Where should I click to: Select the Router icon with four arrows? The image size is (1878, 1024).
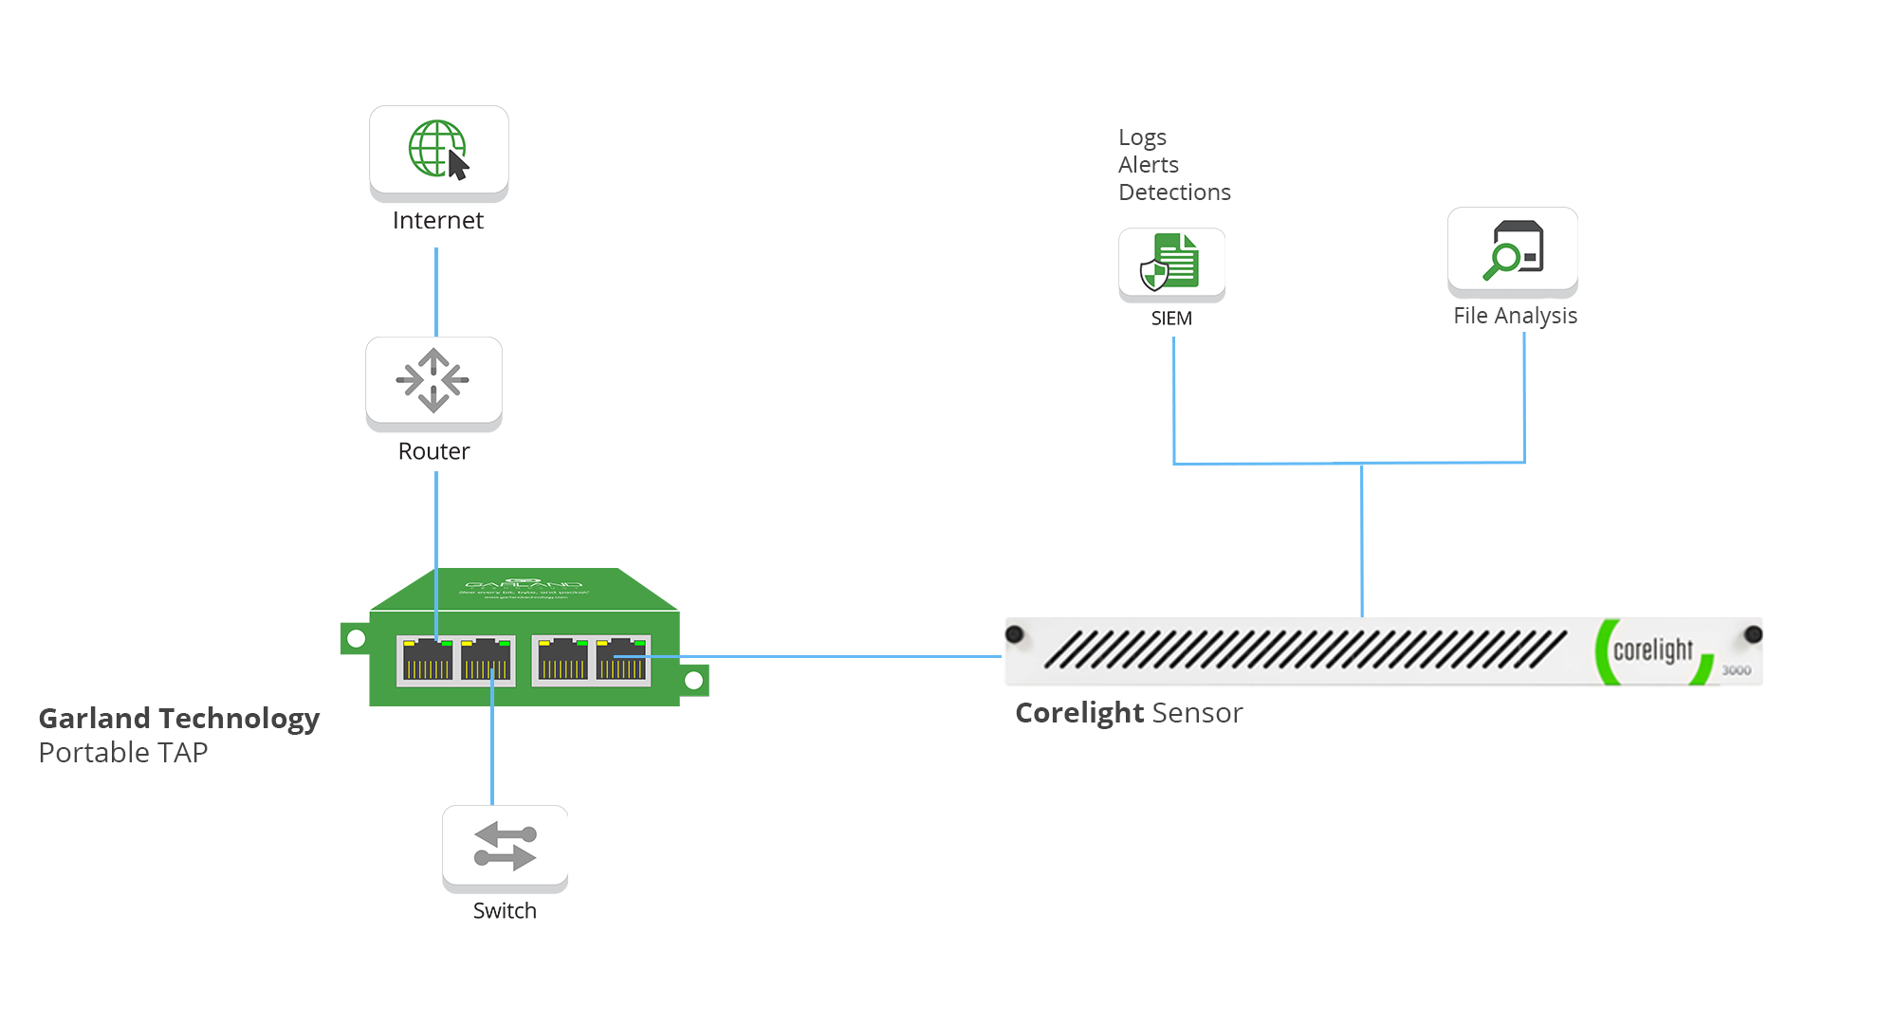[433, 380]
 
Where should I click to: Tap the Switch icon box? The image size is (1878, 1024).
[505, 847]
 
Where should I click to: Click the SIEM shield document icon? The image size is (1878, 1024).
[1171, 262]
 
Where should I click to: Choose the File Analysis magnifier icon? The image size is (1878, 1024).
[1512, 250]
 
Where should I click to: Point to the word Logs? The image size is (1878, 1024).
[1142, 137]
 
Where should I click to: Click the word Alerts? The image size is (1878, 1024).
[1148, 165]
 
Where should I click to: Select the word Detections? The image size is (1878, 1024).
[1174, 192]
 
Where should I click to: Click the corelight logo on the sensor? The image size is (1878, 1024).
[1652, 650]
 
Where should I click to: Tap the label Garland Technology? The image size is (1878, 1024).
[178, 719]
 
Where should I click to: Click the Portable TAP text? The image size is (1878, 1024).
[123, 753]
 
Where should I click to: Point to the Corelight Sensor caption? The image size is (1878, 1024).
[1129, 713]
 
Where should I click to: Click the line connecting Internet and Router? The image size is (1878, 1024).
[436, 292]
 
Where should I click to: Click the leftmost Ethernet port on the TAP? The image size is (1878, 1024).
[428, 660]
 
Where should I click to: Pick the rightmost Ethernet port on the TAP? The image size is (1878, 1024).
[622, 660]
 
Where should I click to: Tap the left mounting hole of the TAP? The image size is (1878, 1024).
[356, 639]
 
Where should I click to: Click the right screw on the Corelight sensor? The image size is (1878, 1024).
[1753, 634]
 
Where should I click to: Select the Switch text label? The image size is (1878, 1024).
[505, 911]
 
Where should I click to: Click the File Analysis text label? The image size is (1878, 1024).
[1515, 316]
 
